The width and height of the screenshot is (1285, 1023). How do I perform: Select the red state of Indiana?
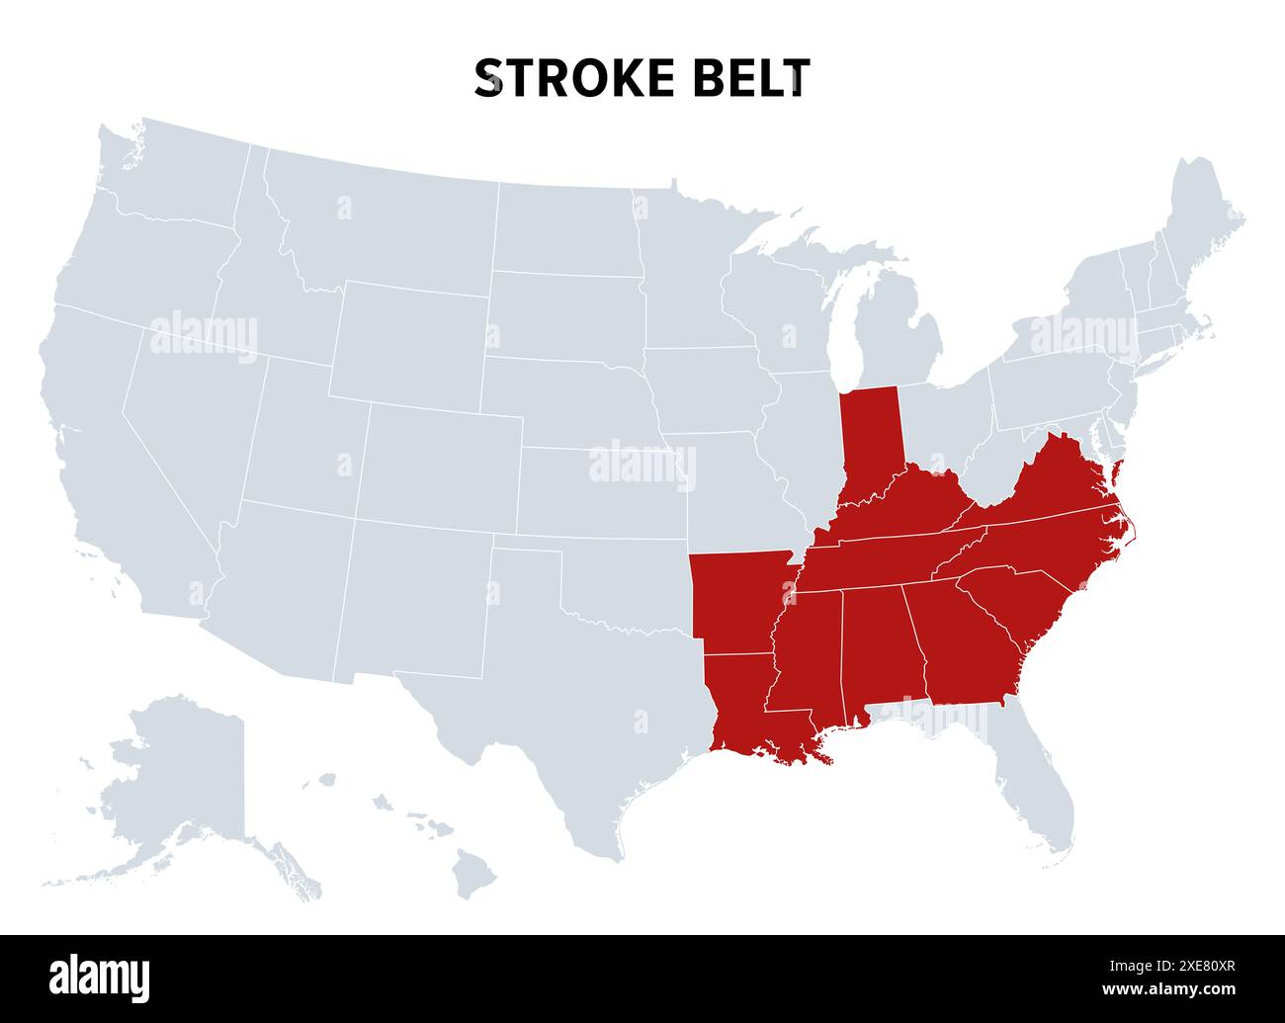tap(870, 440)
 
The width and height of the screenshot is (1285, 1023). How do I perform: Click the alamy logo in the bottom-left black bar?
tap(100, 978)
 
